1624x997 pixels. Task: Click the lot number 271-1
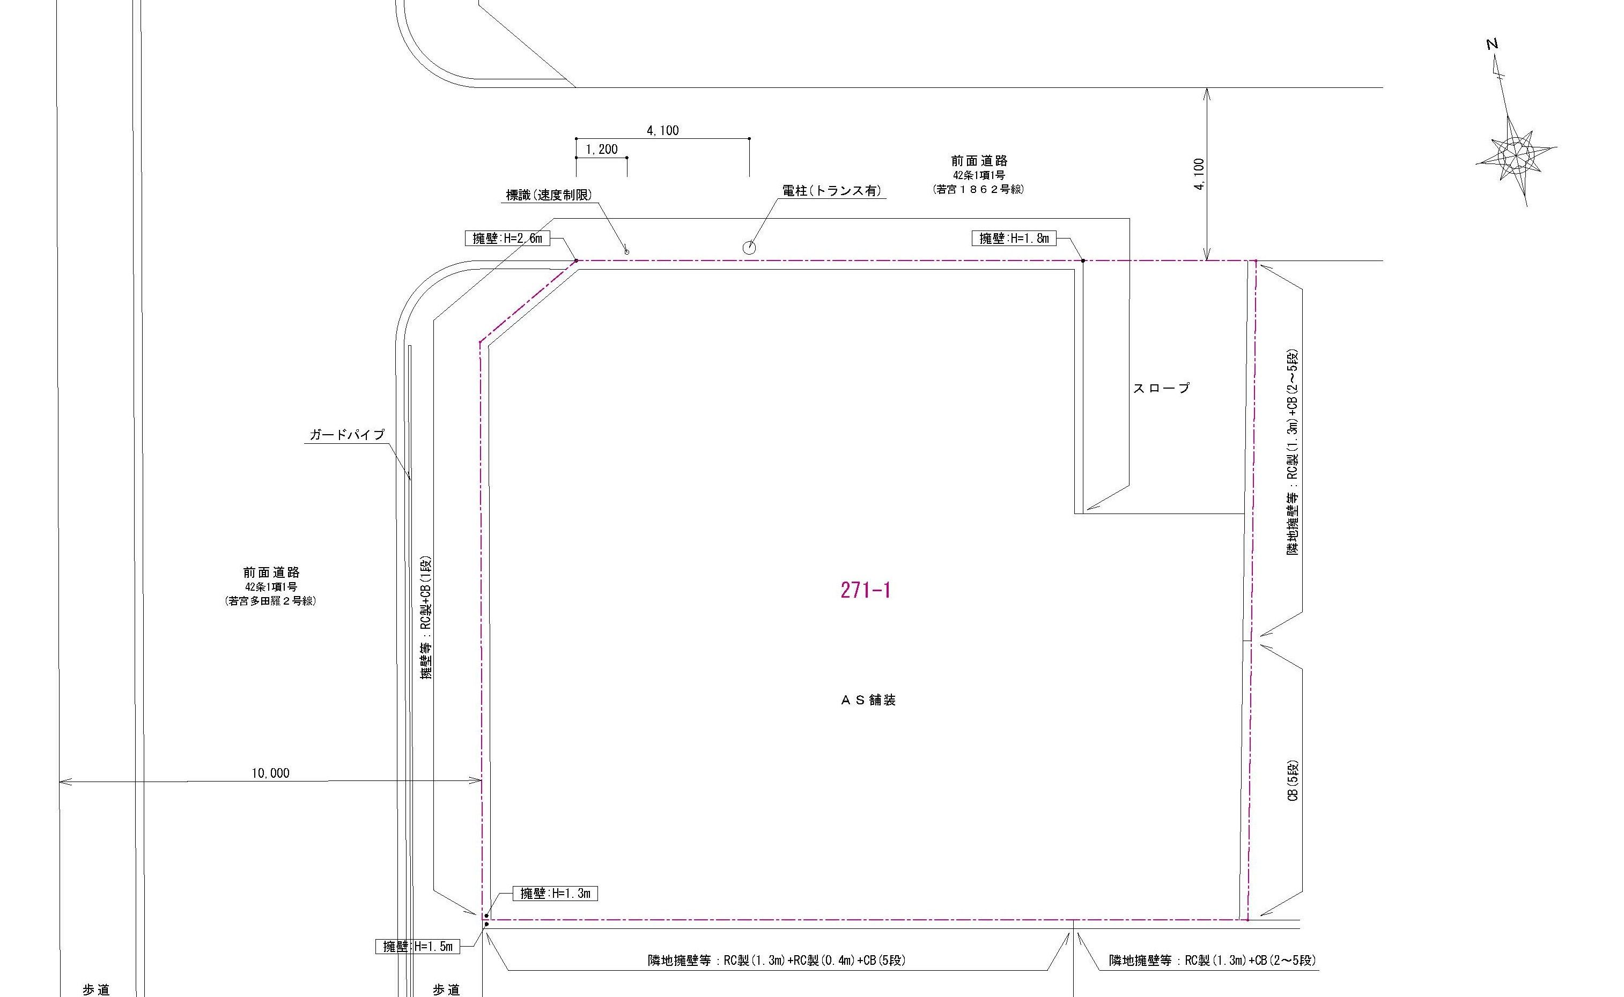click(x=866, y=590)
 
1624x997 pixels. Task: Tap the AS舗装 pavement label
click(x=868, y=700)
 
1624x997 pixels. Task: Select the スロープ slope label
click(x=1162, y=389)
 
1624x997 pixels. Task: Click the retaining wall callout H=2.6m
click(x=507, y=238)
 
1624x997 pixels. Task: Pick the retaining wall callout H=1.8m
click(x=1014, y=238)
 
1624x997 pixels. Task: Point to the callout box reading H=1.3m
click(x=556, y=894)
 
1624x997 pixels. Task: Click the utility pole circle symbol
click(x=749, y=248)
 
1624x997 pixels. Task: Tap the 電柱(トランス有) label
click(x=832, y=191)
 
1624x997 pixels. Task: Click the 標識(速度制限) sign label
click(x=549, y=195)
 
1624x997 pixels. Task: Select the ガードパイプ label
click(x=347, y=435)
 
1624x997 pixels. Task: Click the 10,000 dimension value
click(x=270, y=773)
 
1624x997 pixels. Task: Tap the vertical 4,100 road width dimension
click(x=1199, y=174)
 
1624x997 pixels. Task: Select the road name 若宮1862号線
click(x=978, y=189)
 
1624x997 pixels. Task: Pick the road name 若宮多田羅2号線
click(x=270, y=601)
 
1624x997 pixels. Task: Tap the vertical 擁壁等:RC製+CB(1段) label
click(x=426, y=618)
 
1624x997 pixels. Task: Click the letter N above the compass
click(x=1492, y=44)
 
